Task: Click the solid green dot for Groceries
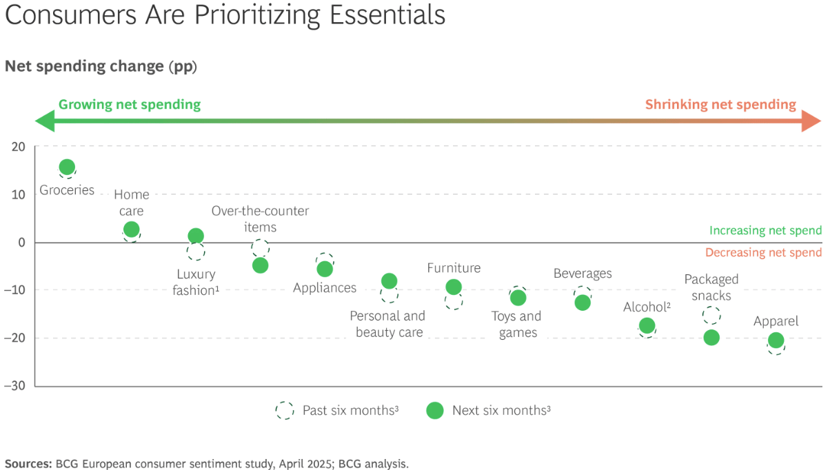pos(67,167)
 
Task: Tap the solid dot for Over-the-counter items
pos(260,265)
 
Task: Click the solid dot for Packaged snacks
pos(711,338)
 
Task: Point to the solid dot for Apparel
pos(776,340)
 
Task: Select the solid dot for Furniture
pos(454,287)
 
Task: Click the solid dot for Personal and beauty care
pos(389,280)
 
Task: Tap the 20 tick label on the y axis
pos(18,147)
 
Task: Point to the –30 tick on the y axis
pos(14,385)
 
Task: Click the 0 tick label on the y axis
pos(21,243)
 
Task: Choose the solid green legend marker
pos(434,411)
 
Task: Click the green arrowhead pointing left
pos(45,121)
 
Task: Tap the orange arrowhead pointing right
pos(811,121)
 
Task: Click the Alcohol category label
pos(647,307)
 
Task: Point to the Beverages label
pos(583,274)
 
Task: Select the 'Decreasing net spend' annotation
pos(763,253)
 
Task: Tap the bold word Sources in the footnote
pos(28,464)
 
